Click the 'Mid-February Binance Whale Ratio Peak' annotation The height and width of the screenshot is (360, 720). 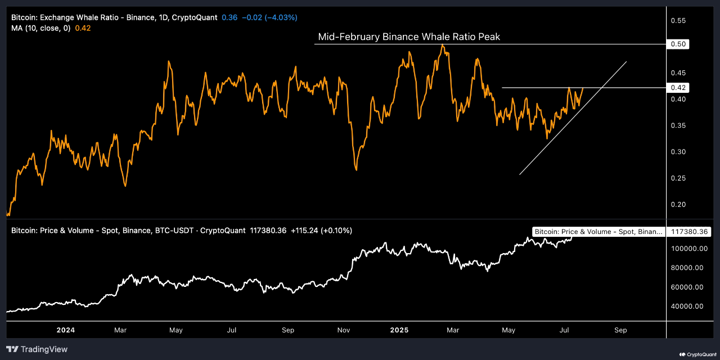pos(408,37)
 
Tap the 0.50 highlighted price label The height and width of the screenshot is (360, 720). pos(679,44)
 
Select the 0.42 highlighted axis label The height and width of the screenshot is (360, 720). pos(679,88)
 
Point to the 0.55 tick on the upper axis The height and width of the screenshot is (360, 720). pos(678,21)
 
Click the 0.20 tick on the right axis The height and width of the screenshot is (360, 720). pos(678,204)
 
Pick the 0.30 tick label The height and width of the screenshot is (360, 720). pos(678,152)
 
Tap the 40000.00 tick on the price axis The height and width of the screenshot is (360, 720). pos(687,307)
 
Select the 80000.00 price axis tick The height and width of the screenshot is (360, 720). pos(687,268)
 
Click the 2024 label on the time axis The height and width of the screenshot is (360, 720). pos(66,330)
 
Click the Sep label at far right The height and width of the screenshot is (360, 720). pos(620,330)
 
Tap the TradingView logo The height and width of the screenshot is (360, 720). pos(37,349)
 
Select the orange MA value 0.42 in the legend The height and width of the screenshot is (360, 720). pos(83,28)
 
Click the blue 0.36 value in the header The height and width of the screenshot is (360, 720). pos(229,17)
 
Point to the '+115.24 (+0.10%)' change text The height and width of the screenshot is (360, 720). pos(321,231)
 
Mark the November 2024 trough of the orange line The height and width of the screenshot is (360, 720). pos(356,169)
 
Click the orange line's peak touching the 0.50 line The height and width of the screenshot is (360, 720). pos(443,46)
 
